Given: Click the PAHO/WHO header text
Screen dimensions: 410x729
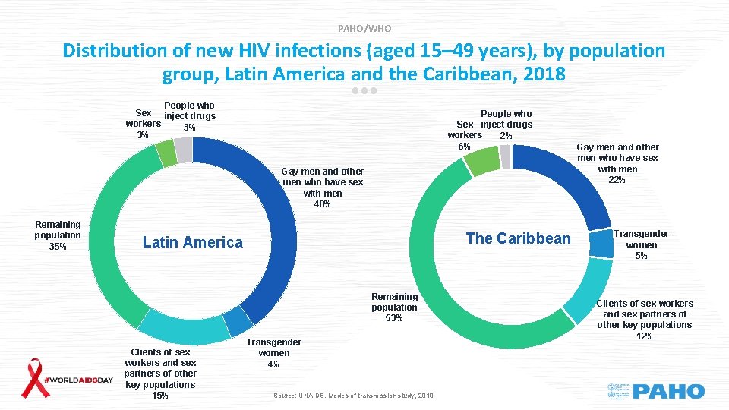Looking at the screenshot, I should (x=364, y=28).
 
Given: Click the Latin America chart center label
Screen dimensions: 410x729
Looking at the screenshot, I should (x=193, y=242).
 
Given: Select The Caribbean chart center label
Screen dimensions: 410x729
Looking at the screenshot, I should (x=518, y=238).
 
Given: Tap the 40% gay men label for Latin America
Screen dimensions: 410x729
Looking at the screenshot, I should (x=323, y=188).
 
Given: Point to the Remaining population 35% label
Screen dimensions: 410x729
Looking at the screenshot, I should (x=58, y=235).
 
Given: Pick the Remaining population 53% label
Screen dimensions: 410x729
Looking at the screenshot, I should (x=394, y=307).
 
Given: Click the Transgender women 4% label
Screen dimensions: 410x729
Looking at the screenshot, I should (x=273, y=353).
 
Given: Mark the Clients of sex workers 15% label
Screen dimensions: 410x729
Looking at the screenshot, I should (x=160, y=373).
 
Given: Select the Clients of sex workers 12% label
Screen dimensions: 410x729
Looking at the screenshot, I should (x=644, y=319).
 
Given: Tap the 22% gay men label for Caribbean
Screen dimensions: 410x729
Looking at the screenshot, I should (x=617, y=163).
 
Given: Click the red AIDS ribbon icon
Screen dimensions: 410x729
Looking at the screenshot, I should (x=33, y=377).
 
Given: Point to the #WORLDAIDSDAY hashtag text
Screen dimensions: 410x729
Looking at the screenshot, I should (x=80, y=379).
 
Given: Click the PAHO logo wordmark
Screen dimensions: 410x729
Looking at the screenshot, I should (x=668, y=392).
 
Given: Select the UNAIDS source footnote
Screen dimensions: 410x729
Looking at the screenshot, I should (x=352, y=396).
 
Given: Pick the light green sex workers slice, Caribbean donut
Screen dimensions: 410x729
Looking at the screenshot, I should (x=481, y=160).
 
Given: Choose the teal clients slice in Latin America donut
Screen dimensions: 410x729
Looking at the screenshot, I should (x=182, y=329).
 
